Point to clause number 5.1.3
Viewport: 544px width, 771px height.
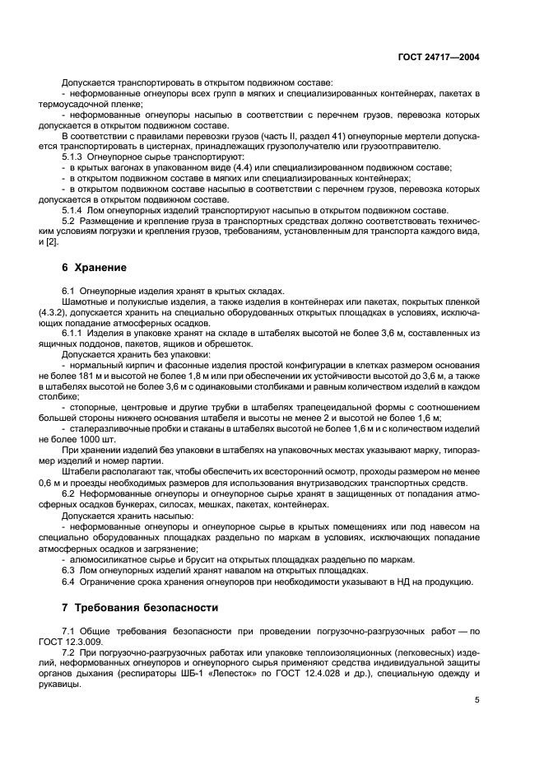point(73,157)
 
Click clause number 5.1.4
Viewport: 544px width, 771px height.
point(73,210)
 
